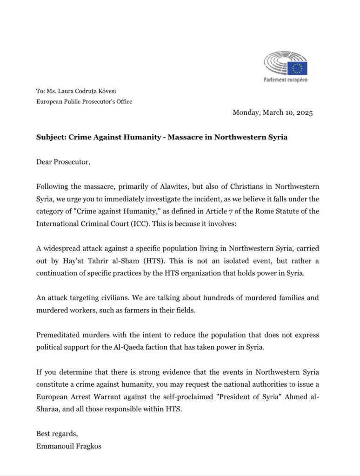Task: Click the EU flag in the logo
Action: point(297,68)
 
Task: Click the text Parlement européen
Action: point(286,79)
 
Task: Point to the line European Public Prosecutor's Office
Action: point(84,101)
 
